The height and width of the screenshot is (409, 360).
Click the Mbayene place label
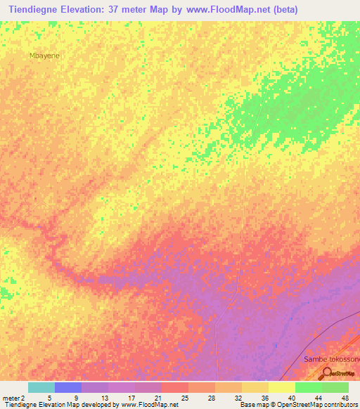43,54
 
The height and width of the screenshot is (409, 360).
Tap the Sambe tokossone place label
331,359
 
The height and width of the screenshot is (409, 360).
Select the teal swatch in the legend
41,387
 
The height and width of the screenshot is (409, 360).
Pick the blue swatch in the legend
68,387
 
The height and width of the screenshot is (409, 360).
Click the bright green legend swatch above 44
308,387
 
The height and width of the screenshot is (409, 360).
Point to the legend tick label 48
344,397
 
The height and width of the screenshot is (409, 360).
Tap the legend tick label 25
184,397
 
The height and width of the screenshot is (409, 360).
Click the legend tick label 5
50,397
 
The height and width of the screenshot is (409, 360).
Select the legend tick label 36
264,397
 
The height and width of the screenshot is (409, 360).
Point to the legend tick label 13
103,397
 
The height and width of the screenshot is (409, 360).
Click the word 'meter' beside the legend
10,397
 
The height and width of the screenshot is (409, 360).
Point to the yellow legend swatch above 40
281,387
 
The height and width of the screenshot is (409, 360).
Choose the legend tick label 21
157,397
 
